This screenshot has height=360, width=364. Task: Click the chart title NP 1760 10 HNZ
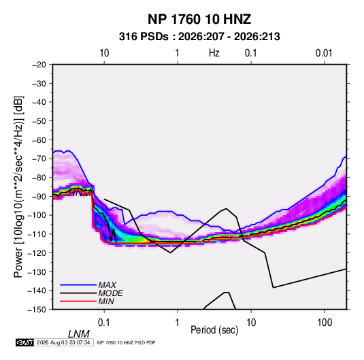199,19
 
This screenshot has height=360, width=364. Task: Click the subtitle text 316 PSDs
144,37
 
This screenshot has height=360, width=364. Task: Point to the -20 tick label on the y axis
39,65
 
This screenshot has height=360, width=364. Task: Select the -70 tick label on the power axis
39,159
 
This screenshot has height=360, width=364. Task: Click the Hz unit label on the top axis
214,53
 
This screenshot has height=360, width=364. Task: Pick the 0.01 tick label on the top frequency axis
324,53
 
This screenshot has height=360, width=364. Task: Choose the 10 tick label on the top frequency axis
104,53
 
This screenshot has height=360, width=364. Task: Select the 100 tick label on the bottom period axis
325,323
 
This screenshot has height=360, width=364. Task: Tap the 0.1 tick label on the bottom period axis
104,323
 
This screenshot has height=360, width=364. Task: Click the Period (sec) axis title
214,330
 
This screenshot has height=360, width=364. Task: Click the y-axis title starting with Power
18,186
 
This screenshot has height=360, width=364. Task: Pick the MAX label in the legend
107,285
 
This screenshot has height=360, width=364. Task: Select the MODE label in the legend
110,293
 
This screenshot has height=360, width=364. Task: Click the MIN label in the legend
106,301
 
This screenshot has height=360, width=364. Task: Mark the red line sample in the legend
78,301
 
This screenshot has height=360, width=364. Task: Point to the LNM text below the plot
78,334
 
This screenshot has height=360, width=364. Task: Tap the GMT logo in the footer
24,342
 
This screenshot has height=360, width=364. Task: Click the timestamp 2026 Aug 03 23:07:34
63,342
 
